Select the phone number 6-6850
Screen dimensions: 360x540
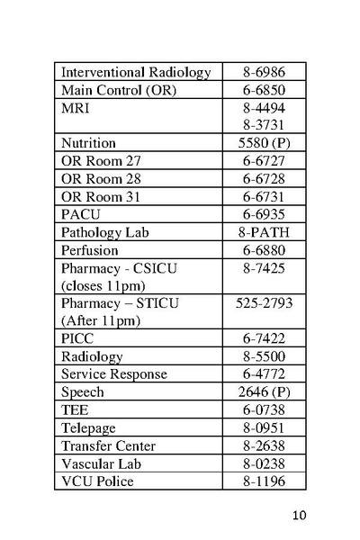pos(265,90)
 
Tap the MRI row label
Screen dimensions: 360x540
pos(75,108)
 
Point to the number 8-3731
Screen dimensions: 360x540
pos(265,125)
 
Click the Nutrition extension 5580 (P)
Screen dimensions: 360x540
pos(265,143)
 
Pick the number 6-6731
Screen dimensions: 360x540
pos(265,197)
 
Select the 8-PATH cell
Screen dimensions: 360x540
pos(265,232)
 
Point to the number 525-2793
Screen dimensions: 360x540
pos(265,303)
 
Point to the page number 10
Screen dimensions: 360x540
pos(301,515)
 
